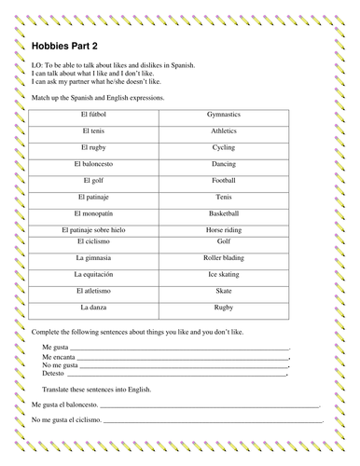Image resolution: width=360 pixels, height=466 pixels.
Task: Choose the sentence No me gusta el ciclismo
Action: [x=69, y=422]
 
